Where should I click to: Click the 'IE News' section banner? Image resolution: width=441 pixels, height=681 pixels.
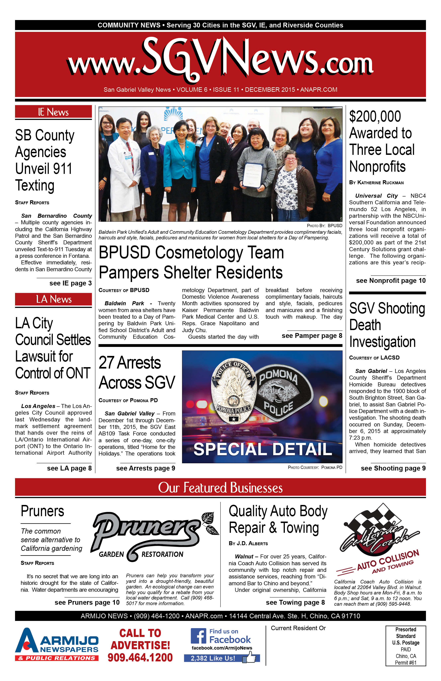point(53,112)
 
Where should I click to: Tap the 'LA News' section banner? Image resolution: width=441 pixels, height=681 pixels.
point(53,299)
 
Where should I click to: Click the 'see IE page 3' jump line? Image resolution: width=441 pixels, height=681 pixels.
point(70,283)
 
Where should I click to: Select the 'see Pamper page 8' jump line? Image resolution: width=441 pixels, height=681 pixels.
point(312,336)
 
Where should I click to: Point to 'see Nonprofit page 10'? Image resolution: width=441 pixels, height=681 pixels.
point(391,281)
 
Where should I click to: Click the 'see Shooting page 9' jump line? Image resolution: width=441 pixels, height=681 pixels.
point(393,468)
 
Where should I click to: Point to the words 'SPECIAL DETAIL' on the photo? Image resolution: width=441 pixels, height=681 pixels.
point(262,449)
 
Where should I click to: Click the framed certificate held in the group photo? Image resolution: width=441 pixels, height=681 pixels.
point(253,174)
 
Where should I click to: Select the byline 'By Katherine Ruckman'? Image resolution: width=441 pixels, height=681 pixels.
point(376,182)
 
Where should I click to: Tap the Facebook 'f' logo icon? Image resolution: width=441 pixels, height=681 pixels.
point(198,636)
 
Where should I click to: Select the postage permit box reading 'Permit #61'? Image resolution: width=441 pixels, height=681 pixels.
point(406,646)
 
